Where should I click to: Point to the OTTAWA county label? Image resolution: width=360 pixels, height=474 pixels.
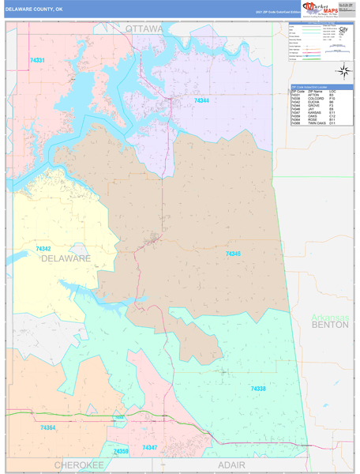[144, 28]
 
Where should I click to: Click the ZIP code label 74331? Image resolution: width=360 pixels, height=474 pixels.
[37, 60]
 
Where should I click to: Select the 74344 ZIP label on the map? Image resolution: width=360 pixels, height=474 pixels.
[202, 100]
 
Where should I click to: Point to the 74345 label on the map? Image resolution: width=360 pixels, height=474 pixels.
[233, 254]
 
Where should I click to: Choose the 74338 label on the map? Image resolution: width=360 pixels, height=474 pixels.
[259, 389]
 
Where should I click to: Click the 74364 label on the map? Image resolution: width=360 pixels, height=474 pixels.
[48, 427]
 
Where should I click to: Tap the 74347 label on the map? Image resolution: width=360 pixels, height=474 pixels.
[150, 447]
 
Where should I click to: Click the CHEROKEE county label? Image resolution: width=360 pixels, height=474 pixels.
[79, 466]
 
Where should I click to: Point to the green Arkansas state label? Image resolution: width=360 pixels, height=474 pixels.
[329, 317]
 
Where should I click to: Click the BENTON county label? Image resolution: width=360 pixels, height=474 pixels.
[329, 325]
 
